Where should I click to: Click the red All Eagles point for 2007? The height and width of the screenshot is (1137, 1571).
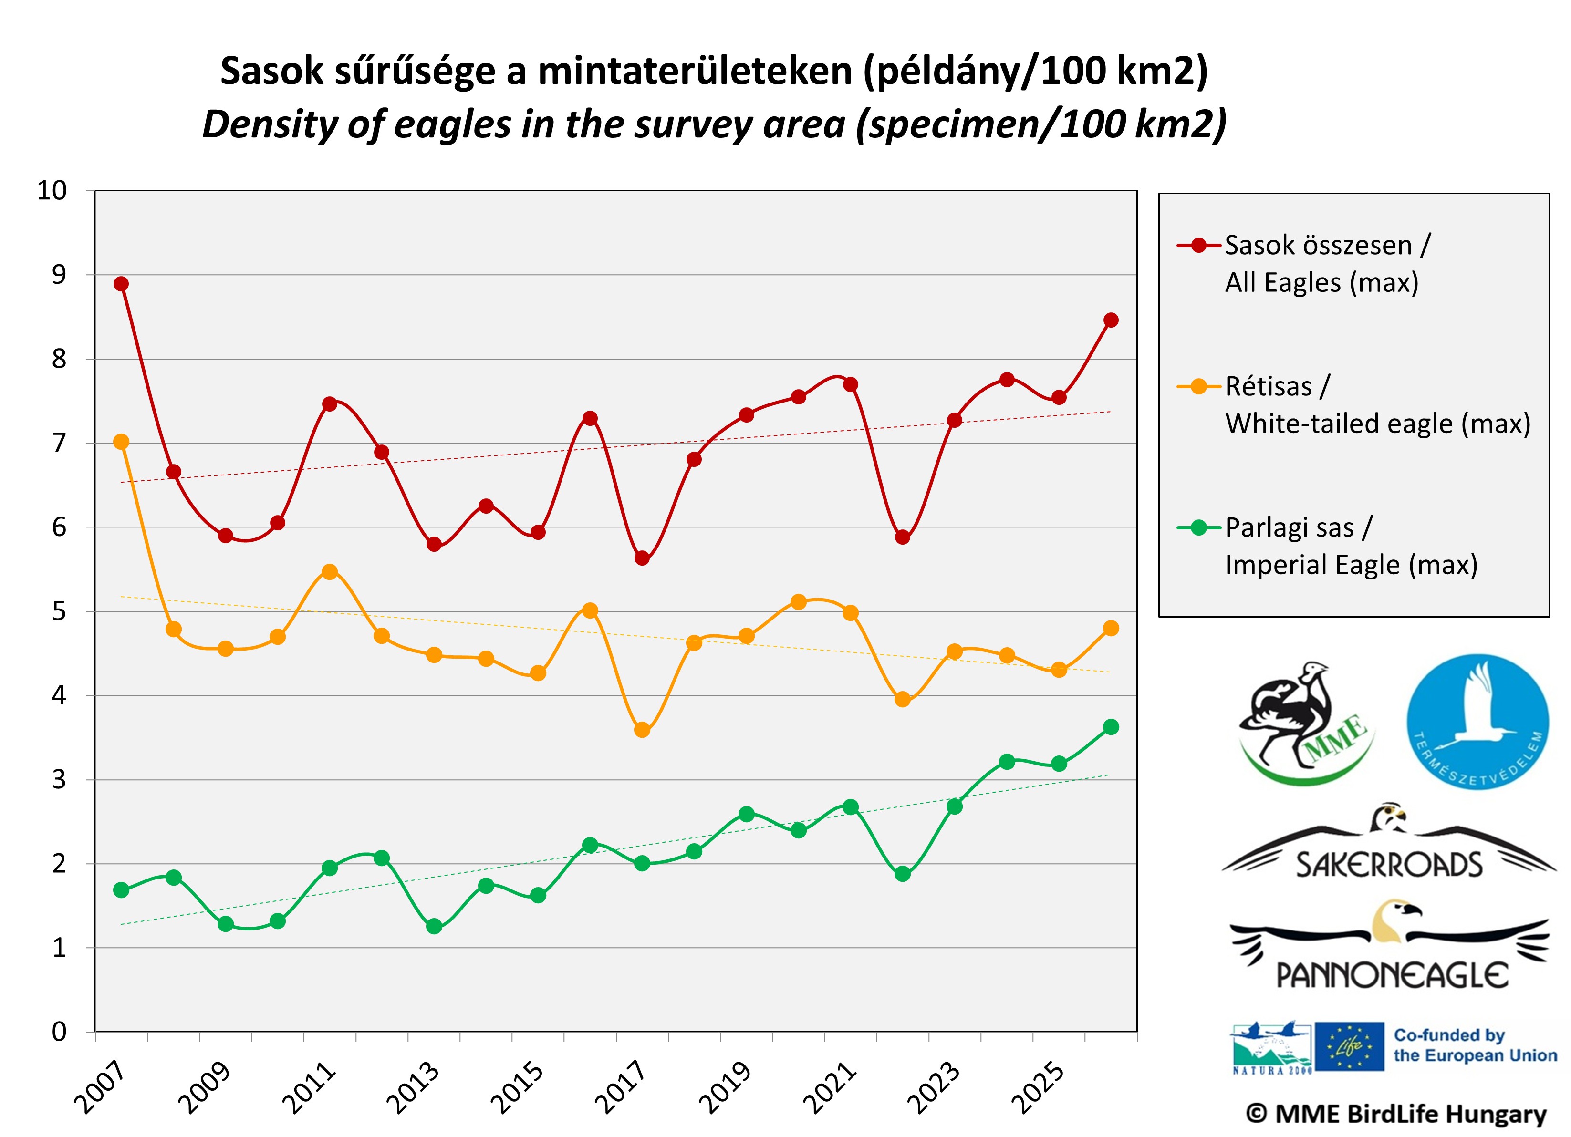tap(121, 284)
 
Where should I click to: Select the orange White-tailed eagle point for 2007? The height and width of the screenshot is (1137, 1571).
tap(121, 442)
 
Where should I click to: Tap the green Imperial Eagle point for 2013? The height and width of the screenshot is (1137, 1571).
tap(434, 927)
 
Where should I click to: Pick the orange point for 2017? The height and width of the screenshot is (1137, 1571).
tap(642, 730)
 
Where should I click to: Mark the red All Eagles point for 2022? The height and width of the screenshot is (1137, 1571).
tap(903, 537)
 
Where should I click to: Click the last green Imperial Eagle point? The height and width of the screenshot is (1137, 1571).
tap(1111, 727)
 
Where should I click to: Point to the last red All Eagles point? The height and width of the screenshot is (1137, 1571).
tap(1111, 320)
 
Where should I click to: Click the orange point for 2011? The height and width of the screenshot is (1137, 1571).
tap(330, 572)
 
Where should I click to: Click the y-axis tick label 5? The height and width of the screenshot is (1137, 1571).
tap(59, 611)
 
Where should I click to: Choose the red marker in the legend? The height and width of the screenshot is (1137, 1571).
tap(1199, 245)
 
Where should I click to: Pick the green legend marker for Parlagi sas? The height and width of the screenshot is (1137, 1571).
tap(1199, 527)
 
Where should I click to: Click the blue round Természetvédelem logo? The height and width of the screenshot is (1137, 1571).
tap(1477, 722)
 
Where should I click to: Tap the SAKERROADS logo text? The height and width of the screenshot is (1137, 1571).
tap(1388, 865)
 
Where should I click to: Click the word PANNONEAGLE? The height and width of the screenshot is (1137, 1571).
tap(1392, 976)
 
